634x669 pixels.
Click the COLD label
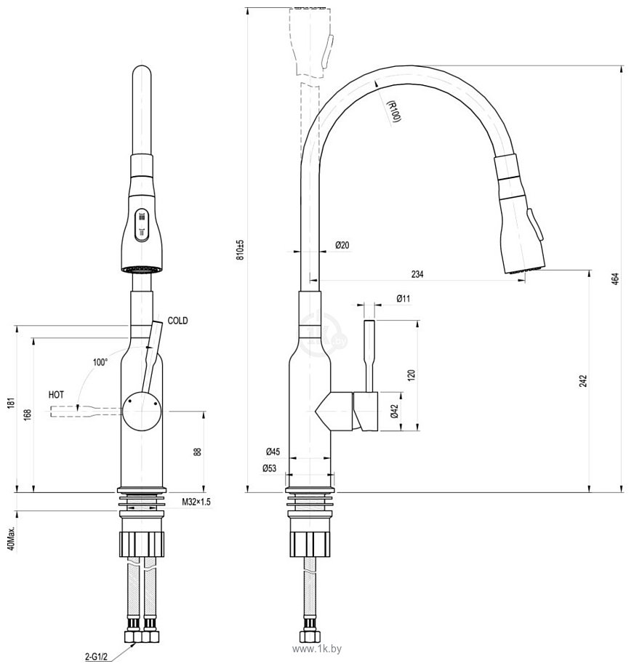[x=178, y=320]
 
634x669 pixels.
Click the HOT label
[x=56, y=394]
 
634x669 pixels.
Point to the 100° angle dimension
[x=100, y=361]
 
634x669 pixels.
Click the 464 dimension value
[x=614, y=279]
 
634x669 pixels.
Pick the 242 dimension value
[x=582, y=381]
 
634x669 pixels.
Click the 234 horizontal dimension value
[x=417, y=274]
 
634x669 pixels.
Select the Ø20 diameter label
[x=342, y=246]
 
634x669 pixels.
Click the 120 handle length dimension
[x=411, y=375]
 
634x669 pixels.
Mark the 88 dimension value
[x=196, y=452]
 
